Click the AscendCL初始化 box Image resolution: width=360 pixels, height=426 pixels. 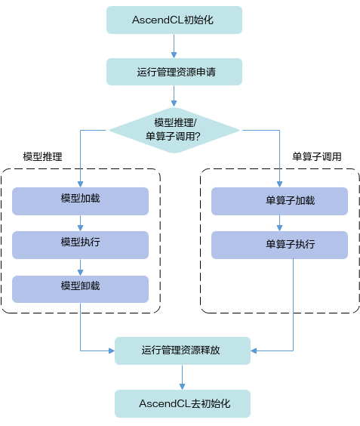point(174,20)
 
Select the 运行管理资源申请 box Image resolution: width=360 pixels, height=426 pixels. point(174,72)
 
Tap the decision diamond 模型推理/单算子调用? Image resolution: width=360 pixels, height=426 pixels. point(174,130)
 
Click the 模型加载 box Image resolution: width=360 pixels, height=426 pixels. point(80,201)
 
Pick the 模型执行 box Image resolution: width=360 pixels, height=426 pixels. point(80,245)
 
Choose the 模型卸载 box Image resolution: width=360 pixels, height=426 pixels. point(80,289)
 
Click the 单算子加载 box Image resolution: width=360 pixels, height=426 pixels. point(279,201)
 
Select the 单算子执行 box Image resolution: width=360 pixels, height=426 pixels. point(279,245)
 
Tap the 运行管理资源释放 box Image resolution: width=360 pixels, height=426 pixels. point(183,350)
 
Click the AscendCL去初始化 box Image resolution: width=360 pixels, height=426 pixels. point(183,404)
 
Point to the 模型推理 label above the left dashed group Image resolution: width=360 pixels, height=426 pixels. point(42,157)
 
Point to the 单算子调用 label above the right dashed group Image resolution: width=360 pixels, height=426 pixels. point(317,157)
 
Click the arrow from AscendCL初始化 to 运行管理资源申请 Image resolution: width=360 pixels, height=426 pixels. point(174,46)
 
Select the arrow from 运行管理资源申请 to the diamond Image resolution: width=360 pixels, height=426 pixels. point(174,96)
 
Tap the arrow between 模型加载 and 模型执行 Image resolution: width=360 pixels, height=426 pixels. point(80,223)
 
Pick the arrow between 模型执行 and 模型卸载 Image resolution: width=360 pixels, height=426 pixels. point(80,267)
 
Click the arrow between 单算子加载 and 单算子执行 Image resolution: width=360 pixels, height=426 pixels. point(279,223)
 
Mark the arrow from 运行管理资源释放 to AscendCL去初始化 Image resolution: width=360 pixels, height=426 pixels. point(182,377)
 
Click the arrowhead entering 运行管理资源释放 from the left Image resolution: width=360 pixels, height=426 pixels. point(112,350)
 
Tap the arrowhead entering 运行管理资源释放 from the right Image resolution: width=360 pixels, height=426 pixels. point(254,350)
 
